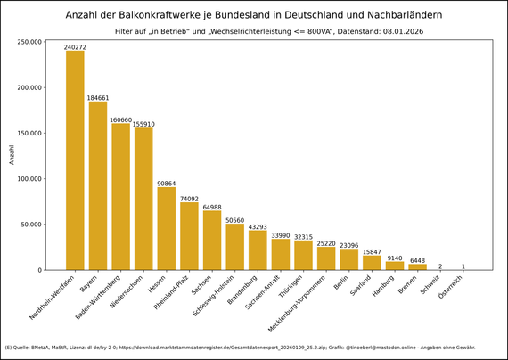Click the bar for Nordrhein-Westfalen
75,160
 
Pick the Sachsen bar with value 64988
212,240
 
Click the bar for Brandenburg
258,250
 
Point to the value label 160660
120,119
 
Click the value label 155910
143,124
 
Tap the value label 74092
189,199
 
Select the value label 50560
235,220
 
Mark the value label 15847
372,252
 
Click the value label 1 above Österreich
463,266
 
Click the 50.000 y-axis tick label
31,225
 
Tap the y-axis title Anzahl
12,155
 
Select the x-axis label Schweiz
431,284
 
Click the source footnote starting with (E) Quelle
240,348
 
